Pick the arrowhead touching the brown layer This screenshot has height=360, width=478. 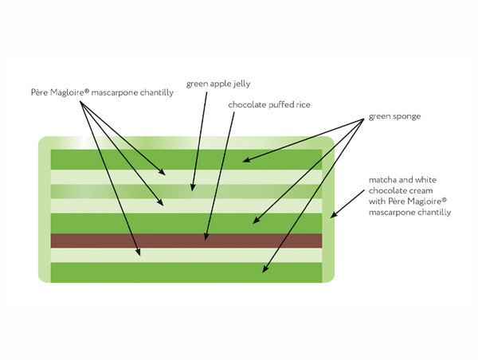pos(206,237)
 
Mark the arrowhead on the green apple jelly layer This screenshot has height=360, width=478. pos(190,190)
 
